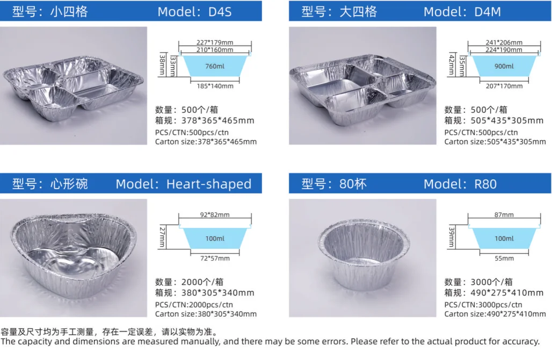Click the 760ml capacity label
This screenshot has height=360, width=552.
tap(214, 67)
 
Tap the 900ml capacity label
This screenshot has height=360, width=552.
tap(504, 66)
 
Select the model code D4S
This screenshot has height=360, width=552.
tap(219, 11)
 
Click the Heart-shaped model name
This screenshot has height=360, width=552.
tap(208, 184)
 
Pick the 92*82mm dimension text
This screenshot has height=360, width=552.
tap(214, 215)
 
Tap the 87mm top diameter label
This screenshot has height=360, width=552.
tap(504, 215)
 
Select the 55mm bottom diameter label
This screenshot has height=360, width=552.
tap(504, 258)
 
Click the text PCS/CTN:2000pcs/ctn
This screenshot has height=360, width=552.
tap(194, 305)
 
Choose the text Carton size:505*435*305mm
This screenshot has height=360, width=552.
tap(495, 142)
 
